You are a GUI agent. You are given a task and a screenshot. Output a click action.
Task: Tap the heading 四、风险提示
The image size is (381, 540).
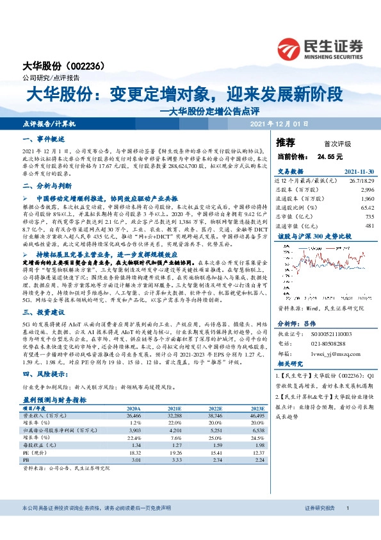(43, 373)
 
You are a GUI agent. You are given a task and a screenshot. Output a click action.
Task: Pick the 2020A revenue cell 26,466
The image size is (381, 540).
(134, 416)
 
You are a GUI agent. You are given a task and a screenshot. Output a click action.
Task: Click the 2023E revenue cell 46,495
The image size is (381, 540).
(255, 416)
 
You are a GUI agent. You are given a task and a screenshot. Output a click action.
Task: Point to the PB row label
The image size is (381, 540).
(26, 460)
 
